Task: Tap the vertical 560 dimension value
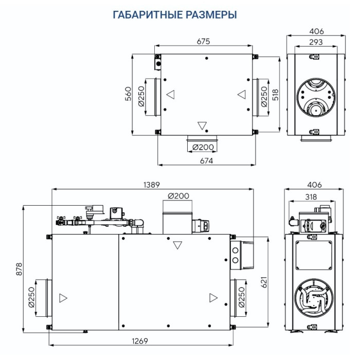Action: point(129,94)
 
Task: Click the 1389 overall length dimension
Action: point(152,185)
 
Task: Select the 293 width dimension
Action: point(315,42)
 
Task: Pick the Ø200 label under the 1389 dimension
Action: point(178,196)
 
